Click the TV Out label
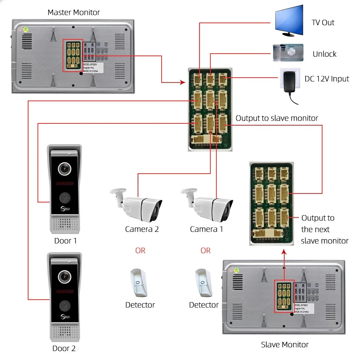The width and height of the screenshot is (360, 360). [x=323, y=22]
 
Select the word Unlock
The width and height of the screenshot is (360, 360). [x=324, y=54]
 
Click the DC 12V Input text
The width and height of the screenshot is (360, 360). [x=327, y=79]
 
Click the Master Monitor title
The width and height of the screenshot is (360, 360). [x=73, y=12]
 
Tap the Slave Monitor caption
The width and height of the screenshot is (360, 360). [x=285, y=344]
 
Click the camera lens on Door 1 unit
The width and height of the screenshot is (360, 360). [x=64, y=169]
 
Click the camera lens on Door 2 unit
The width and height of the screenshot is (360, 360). [x=64, y=277]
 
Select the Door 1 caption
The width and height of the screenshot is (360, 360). [x=65, y=241]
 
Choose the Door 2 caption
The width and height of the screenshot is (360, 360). [x=64, y=348]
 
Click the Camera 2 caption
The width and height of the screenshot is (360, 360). [x=142, y=229]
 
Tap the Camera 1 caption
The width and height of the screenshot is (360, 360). [x=206, y=229]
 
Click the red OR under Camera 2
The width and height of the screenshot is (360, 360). [x=140, y=250]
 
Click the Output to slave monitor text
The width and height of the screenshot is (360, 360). [x=277, y=118]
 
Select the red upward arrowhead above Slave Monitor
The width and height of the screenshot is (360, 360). [x=284, y=253]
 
